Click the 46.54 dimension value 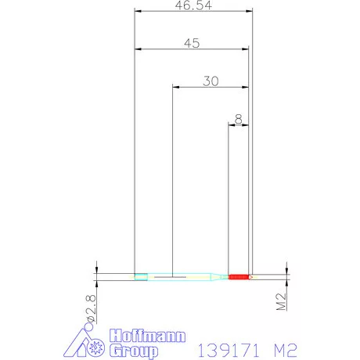click(x=193, y=5)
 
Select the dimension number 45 click(x=192, y=44)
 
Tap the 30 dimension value click(x=210, y=81)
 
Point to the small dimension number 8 click(x=237, y=119)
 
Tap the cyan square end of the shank click(x=140, y=276)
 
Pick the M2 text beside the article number click(x=280, y=347)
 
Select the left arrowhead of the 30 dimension click(x=175, y=88)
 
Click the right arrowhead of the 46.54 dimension click(x=250, y=12)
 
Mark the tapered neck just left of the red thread click(x=218, y=276)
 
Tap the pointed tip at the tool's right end click(x=252, y=276)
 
